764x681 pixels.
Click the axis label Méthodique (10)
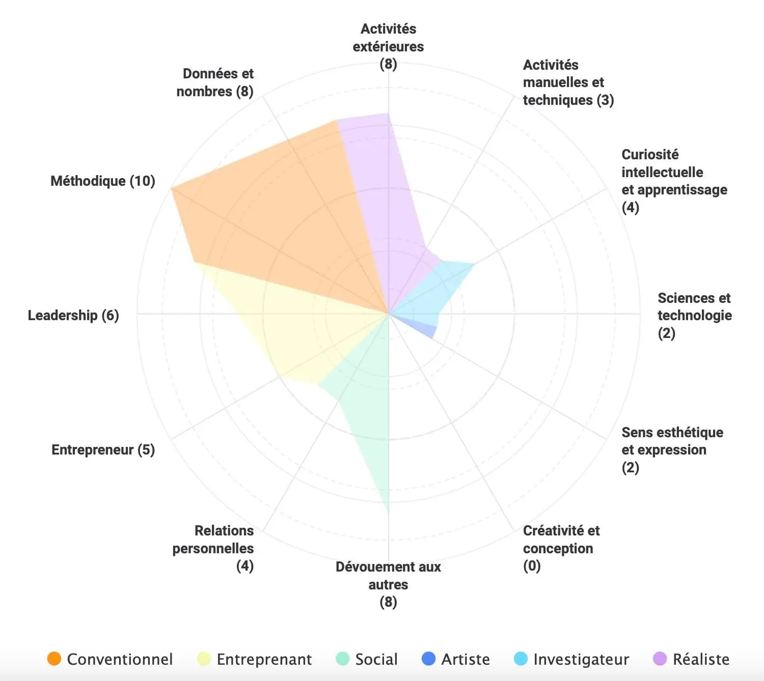pos(102,181)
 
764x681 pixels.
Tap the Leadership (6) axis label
pos(73,315)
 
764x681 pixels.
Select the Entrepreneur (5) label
pos(103,449)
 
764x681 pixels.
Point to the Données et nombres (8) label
pos(215,82)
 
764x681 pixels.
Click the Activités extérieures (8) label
pos(388,46)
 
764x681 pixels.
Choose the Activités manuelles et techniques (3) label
pos(567,82)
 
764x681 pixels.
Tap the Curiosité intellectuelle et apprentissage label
pos(673,181)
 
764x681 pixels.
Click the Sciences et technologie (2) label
pos(694,315)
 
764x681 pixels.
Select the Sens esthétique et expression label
pos(671,449)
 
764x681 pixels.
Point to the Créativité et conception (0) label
pos(560,548)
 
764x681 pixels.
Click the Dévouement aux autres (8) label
pos(388,584)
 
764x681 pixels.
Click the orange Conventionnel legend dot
pos(54,659)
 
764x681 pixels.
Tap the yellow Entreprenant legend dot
pos(204,659)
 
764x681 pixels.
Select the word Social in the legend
pos(376,659)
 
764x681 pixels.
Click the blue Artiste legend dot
pos(429,659)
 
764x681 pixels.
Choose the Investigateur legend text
pos(581,659)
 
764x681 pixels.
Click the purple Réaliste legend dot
pos(660,659)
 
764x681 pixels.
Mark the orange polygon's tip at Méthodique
pos(172,188)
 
